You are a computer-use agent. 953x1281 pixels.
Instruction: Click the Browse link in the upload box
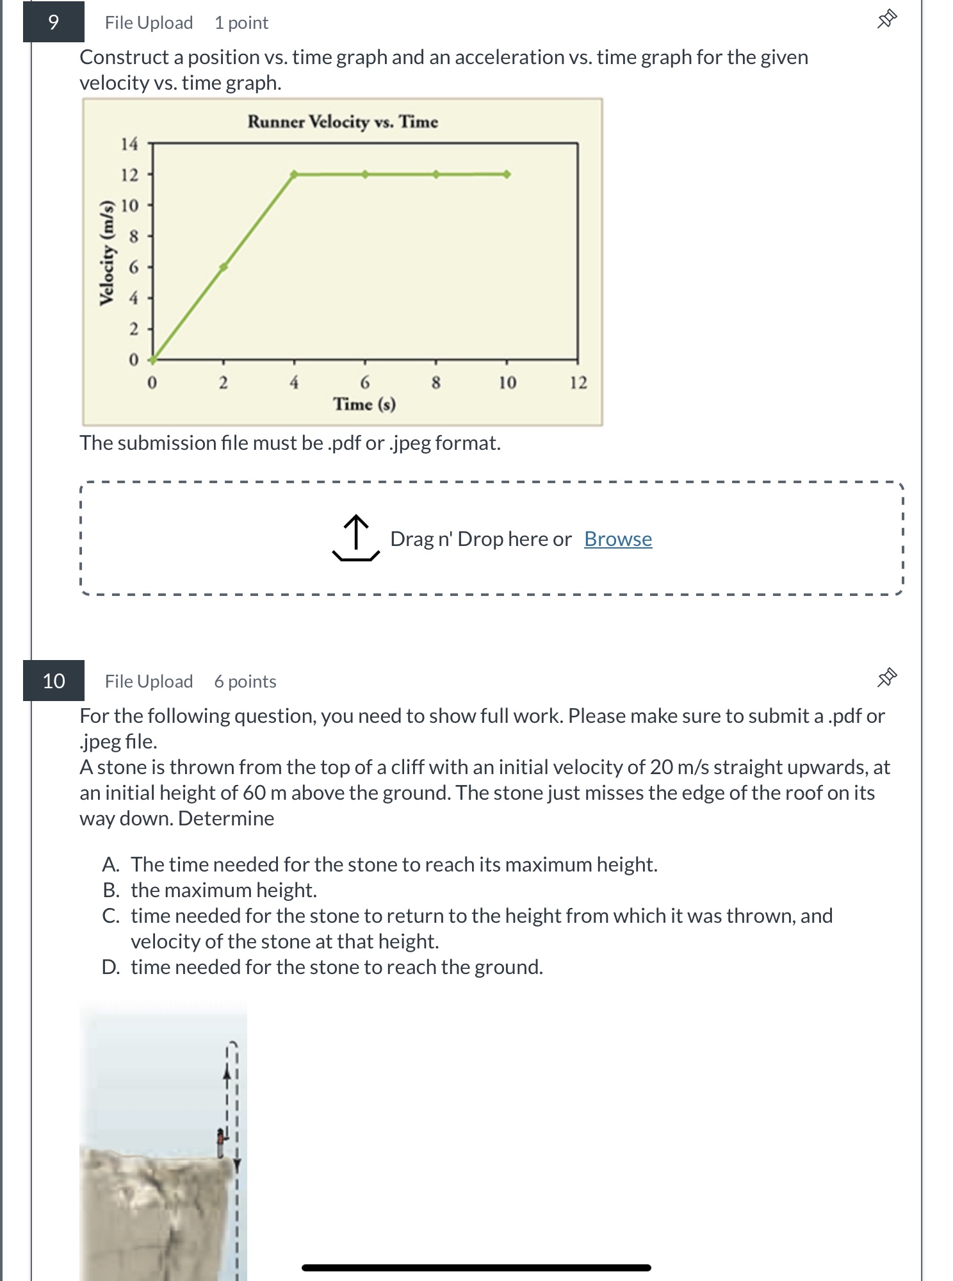coord(617,539)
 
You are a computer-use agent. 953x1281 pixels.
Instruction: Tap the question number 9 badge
coord(54,22)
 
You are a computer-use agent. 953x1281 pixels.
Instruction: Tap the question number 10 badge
coord(54,681)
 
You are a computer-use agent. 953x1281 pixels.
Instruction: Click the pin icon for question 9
coord(886,20)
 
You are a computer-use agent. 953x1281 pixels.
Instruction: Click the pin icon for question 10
coord(886,678)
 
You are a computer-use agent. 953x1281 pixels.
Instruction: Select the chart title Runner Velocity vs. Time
coord(343,122)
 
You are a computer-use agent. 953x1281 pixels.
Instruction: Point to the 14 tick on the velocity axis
coord(129,144)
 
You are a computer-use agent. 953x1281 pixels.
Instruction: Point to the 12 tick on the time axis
coord(578,383)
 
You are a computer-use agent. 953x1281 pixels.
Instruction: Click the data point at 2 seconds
coord(224,267)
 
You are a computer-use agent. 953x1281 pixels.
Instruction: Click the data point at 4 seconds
coord(294,174)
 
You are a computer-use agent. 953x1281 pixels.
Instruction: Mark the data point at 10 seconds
coord(507,174)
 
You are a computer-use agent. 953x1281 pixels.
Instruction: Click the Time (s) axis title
coord(364,404)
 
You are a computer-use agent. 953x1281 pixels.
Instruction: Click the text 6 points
coord(245,681)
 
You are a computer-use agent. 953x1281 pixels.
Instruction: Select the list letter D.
coord(110,967)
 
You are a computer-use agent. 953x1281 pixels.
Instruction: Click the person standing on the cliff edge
coord(221,1143)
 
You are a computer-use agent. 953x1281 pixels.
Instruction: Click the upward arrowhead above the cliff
coord(226,1073)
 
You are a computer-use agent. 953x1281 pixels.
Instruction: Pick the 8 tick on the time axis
coord(436,383)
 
